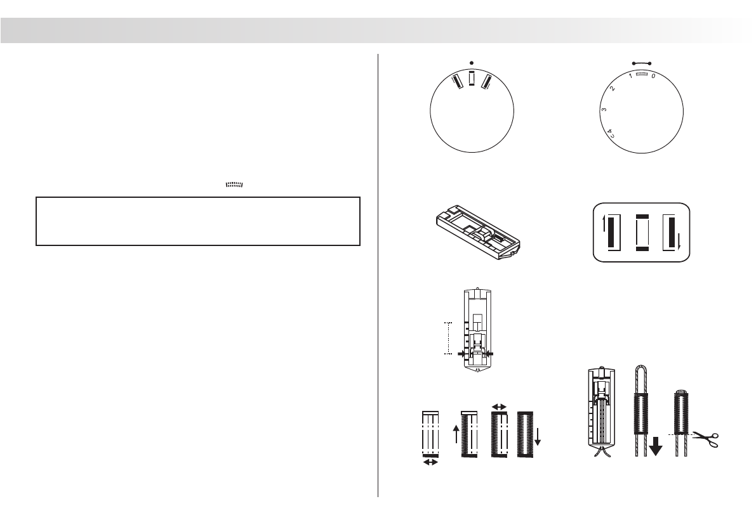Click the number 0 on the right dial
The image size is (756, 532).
tap(653, 75)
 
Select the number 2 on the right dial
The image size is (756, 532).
tap(612, 88)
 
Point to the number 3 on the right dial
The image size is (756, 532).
tap(604, 111)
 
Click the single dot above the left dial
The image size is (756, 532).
tap(472, 62)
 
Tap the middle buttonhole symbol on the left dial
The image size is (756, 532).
tap(472, 79)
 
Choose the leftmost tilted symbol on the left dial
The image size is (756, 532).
tap(455, 81)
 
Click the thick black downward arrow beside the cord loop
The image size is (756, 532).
tap(656, 444)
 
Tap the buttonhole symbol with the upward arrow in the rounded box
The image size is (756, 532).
tap(609, 233)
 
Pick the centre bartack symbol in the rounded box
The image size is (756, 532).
tap(641, 233)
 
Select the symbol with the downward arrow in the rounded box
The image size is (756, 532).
tap(673, 233)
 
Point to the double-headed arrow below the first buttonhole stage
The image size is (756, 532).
tap(430, 464)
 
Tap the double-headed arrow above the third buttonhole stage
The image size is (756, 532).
tap(500, 406)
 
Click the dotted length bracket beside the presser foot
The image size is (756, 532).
tap(448, 337)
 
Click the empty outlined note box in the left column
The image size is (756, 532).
tap(198, 221)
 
